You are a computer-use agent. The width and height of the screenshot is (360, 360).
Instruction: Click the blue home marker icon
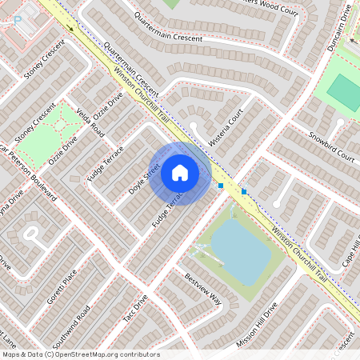point(179,173)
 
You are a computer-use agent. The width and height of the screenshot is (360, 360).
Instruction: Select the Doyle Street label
point(145,178)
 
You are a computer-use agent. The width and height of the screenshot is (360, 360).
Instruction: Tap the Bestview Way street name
point(202,289)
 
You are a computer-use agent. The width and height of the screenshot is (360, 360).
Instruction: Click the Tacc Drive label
point(136,311)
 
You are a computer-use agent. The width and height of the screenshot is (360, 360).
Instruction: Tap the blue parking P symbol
point(17,21)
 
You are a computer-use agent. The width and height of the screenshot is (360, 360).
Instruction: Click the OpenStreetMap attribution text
point(80,354)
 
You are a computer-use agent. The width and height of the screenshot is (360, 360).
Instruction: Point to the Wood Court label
point(277,10)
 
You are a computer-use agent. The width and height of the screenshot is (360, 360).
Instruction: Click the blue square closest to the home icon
point(220,186)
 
